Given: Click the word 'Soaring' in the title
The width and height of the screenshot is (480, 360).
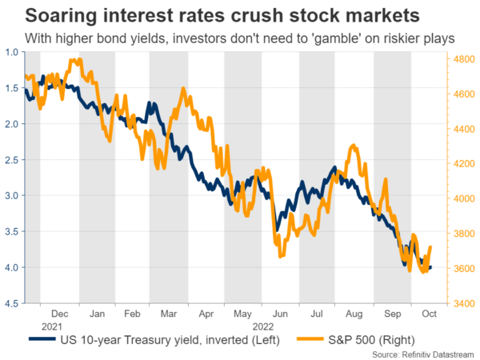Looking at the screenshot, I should click(x=52, y=15).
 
